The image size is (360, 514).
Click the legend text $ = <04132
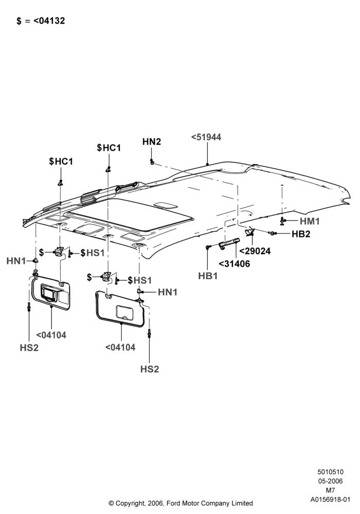41,21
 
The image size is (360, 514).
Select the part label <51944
206,137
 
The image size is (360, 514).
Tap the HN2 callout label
152,142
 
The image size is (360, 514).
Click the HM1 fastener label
310,221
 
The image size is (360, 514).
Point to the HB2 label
301,234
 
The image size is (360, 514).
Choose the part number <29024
255,251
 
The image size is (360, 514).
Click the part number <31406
234,264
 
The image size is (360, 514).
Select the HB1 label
208,276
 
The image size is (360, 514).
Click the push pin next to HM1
282,221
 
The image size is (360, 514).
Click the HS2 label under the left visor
29,348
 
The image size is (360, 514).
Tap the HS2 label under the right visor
150,369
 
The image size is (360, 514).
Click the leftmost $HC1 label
61,161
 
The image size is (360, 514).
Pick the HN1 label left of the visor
16,261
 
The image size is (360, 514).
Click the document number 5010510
330,472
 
